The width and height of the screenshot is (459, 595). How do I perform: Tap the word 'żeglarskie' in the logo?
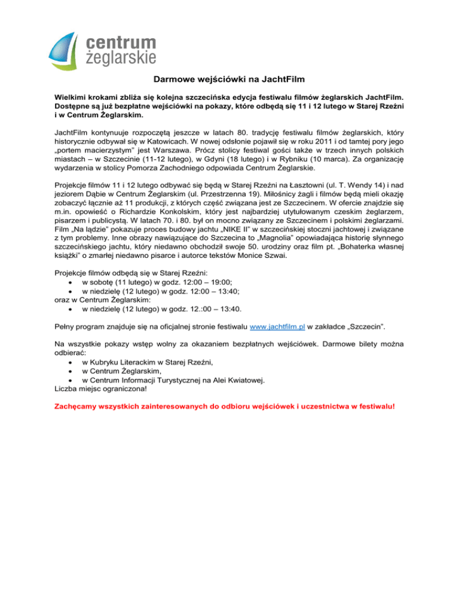pos(121,58)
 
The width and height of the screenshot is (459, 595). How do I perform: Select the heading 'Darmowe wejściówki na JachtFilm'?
pos(229,78)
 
